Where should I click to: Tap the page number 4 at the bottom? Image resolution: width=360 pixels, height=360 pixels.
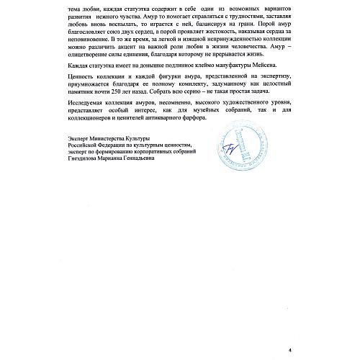pos(290,345)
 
